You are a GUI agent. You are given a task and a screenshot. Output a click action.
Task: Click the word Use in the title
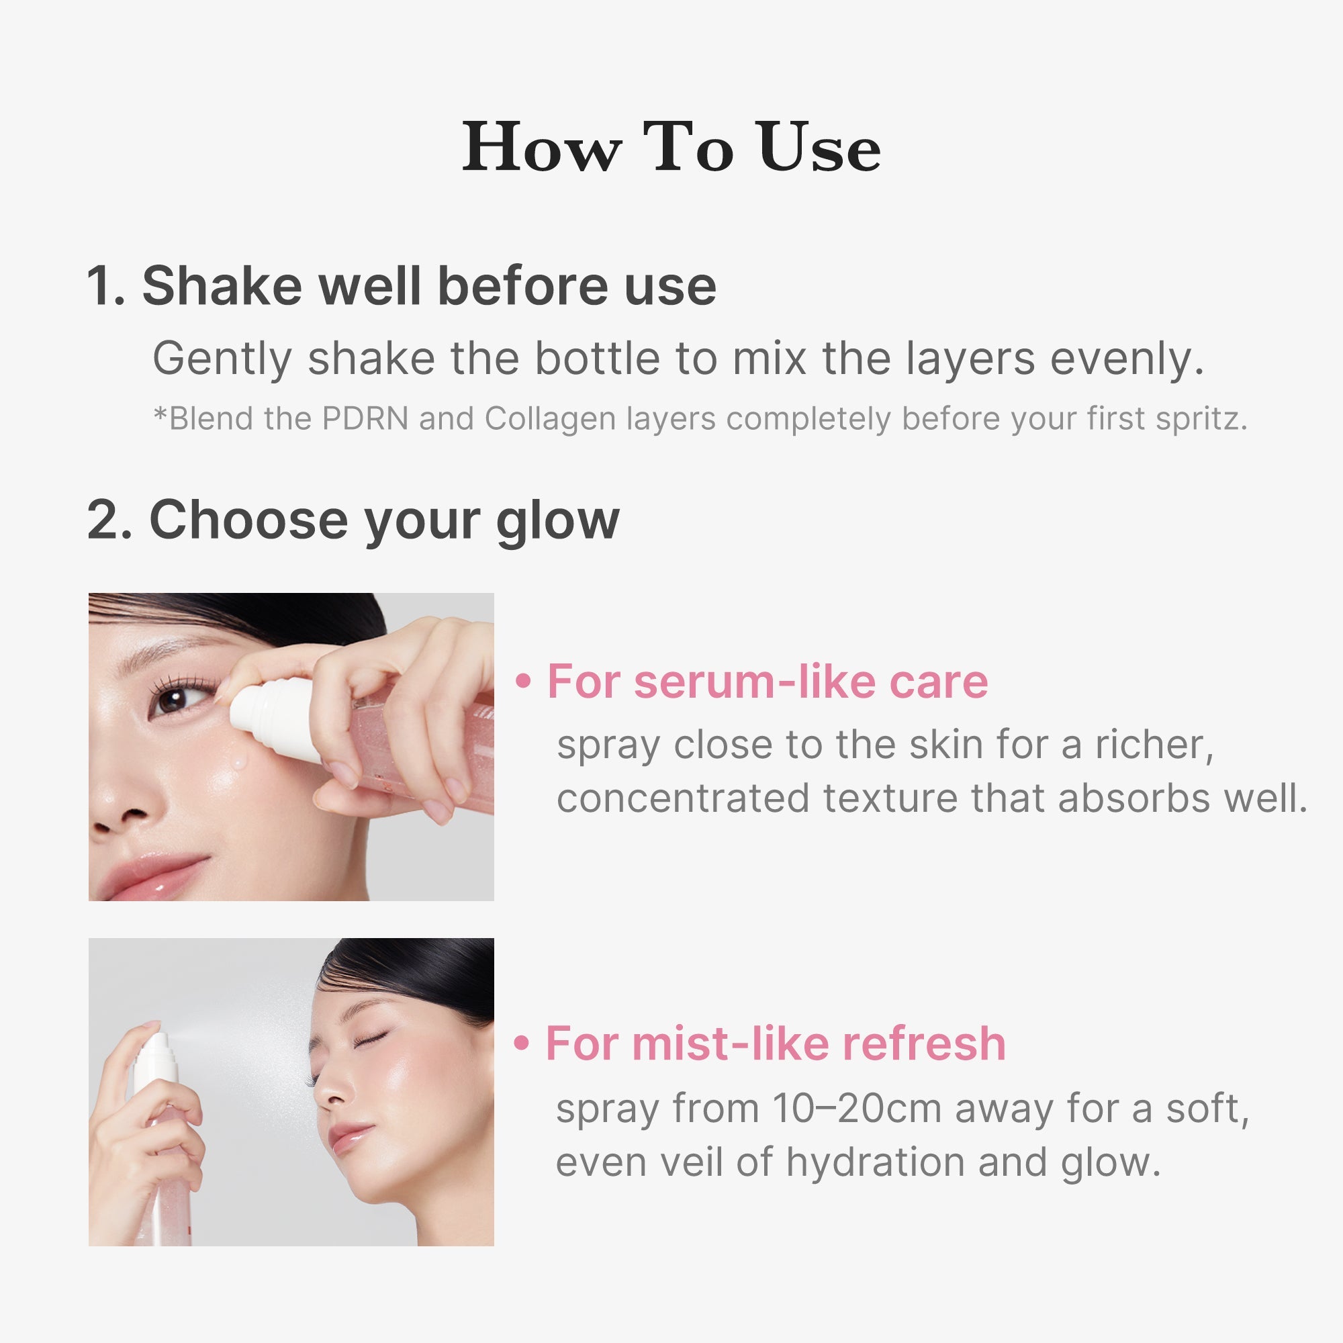(818, 148)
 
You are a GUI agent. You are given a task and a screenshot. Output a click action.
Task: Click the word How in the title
(541, 148)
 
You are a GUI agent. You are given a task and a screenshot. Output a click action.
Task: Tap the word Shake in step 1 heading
(222, 287)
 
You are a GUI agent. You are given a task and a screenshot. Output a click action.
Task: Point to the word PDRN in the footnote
(365, 419)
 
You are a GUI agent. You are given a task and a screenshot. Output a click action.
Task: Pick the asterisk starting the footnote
(160, 416)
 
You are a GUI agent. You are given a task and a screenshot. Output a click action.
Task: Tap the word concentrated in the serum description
(682, 798)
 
